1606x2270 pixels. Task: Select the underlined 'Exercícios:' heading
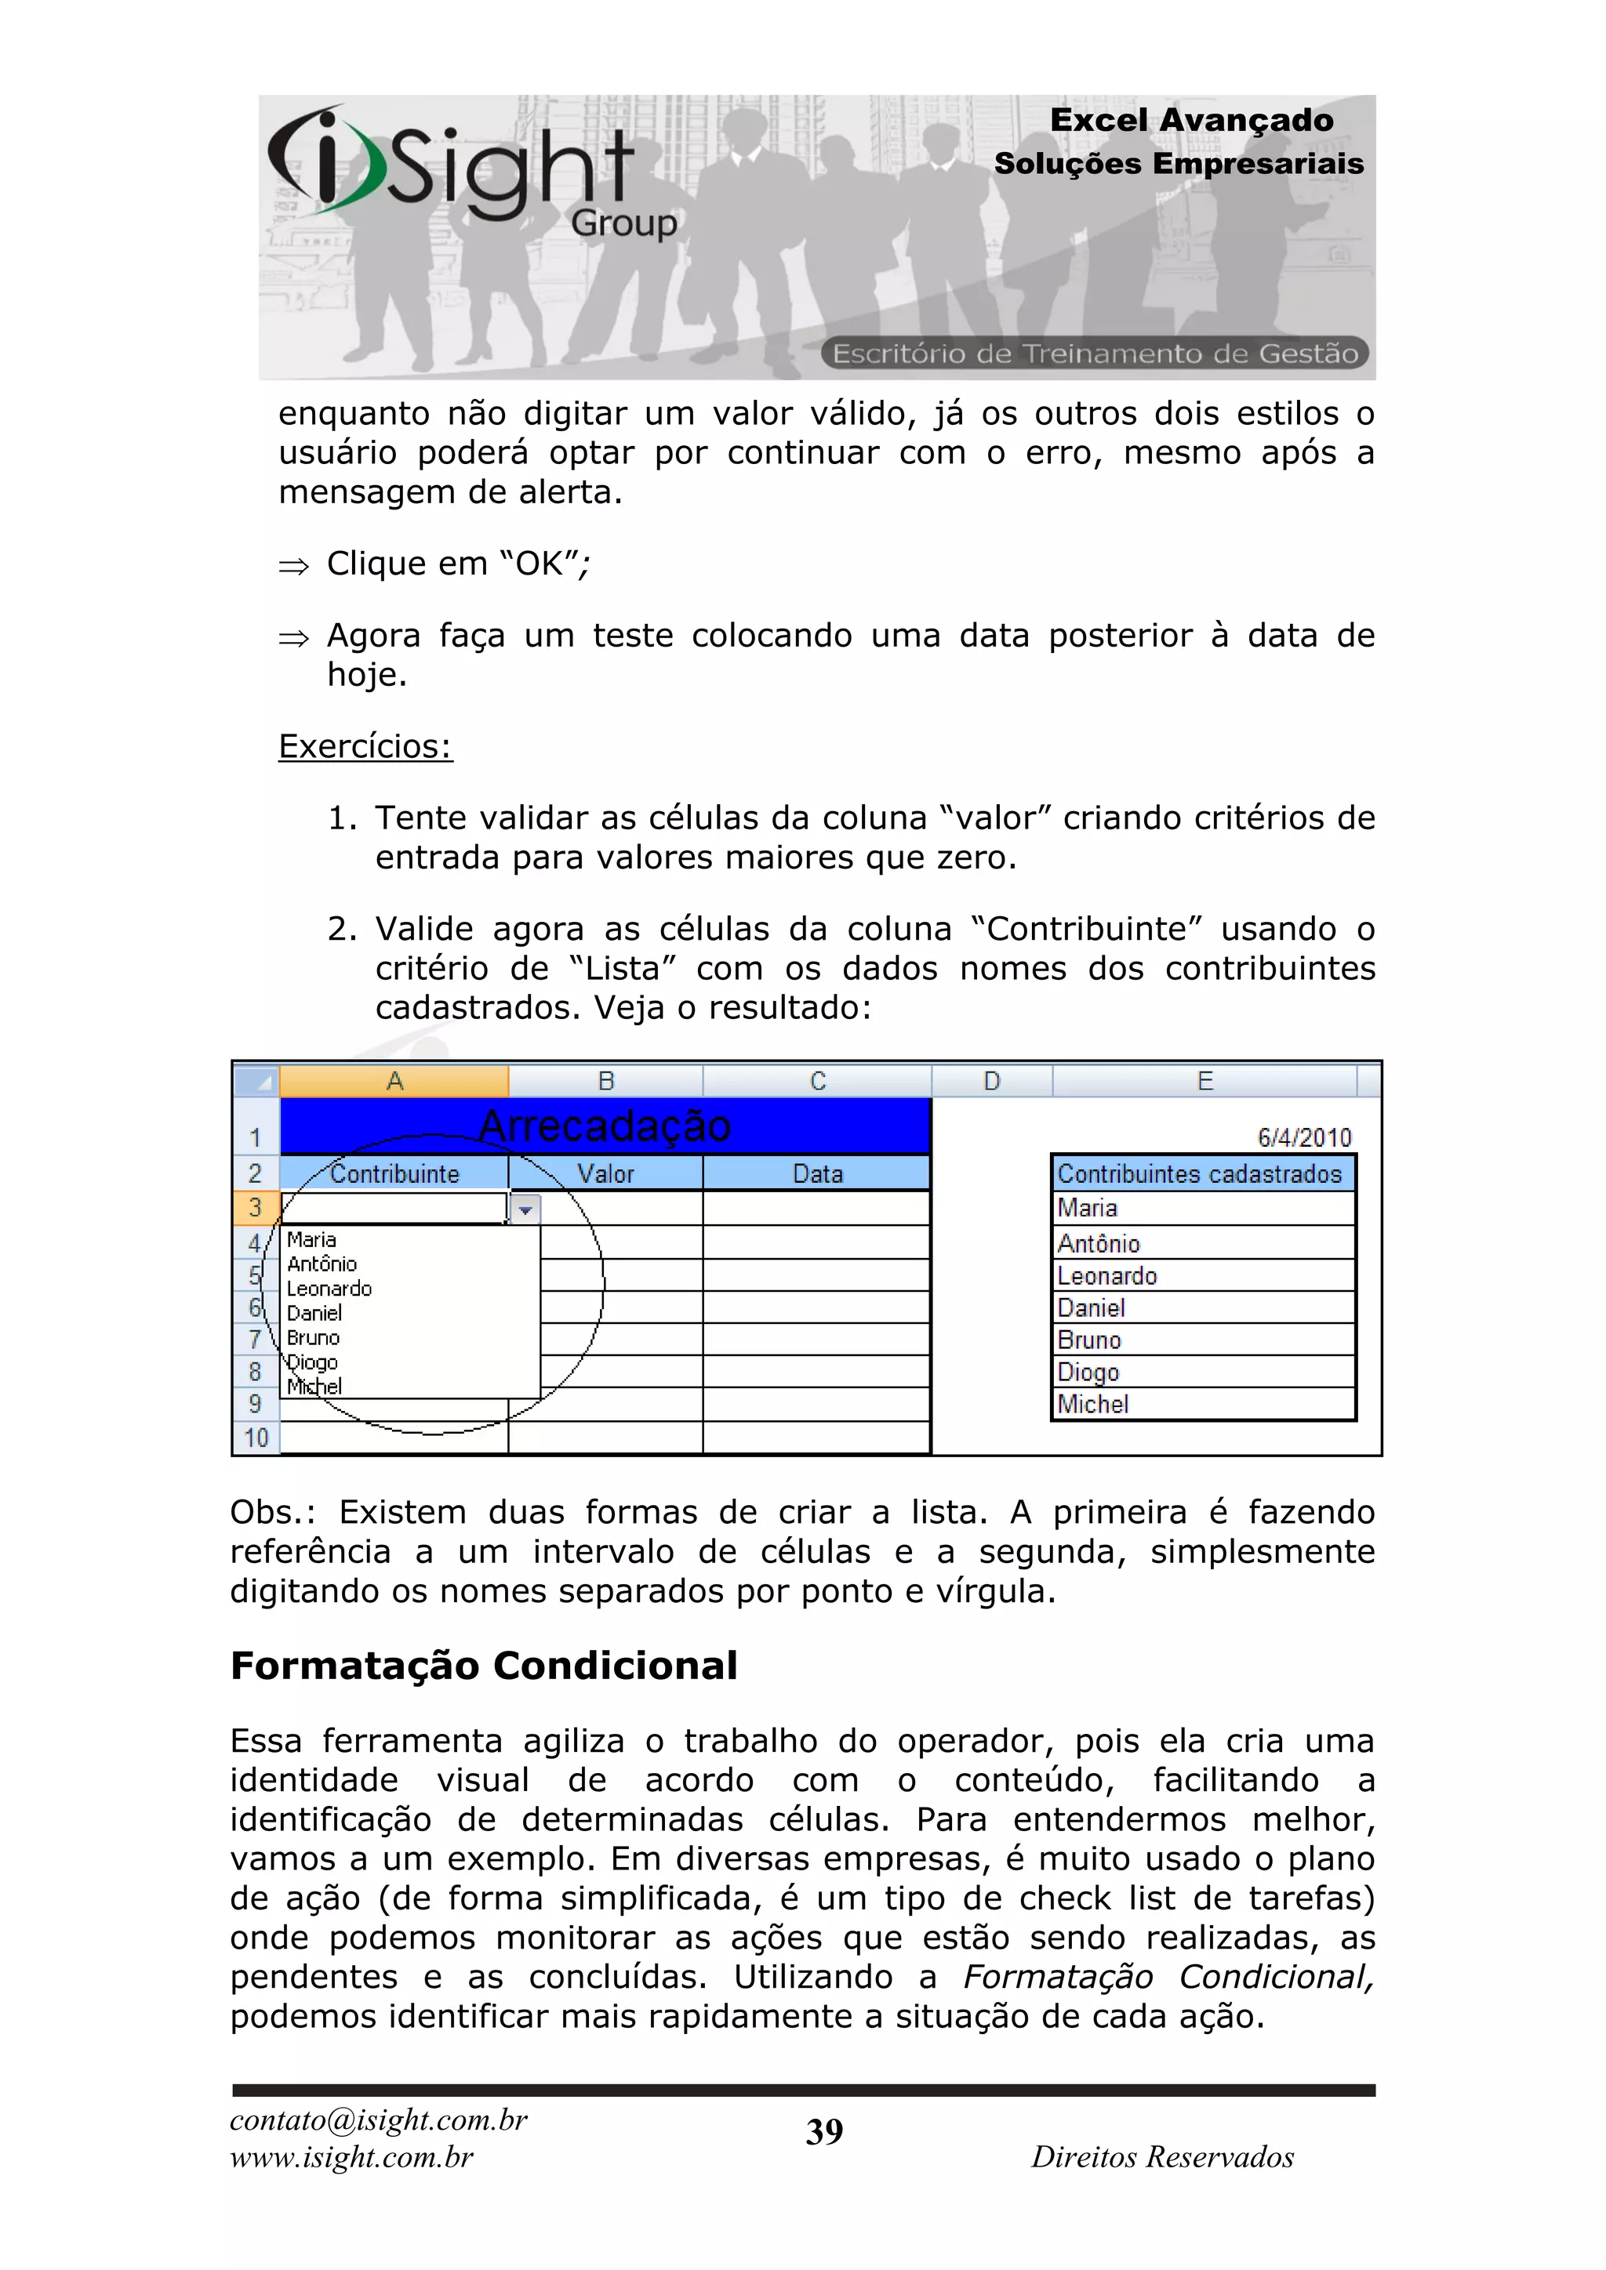tap(365, 746)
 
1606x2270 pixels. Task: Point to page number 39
tap(823, 2131)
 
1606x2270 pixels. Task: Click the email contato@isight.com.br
tap(379, 2120)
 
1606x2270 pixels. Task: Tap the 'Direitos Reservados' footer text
tap(1162, 2156)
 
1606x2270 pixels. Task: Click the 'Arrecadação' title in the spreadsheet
tap(605, 1126)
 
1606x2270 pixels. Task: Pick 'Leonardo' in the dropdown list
tap(329, 1289)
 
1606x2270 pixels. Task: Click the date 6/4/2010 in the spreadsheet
tap(1303, 1137)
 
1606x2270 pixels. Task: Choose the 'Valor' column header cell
tap(605, 1173)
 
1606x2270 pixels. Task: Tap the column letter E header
tap(1204, 1081)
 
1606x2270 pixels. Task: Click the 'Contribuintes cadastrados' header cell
tap(1200, 1173)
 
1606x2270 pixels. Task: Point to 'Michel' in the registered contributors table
tap(1092, 1404)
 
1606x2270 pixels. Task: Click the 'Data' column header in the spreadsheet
tap(817, 1173)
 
